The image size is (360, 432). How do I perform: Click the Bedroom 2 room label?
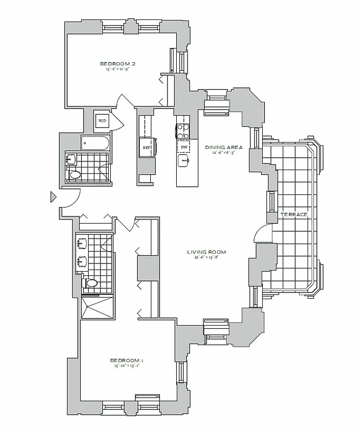tap(117, 64)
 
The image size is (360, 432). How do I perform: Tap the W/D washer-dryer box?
tap(102, 120)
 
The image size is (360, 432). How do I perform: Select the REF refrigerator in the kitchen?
tap(146, 147)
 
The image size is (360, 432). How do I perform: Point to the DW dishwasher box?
tap(184, 147)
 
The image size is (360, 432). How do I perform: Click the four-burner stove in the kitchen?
tap(182, 130)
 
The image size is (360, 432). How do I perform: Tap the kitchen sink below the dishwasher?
tap(184, 161)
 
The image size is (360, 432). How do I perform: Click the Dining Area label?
tap(223, 147)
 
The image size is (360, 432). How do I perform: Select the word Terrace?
tap(294, 215)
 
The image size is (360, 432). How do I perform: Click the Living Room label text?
tap(206, 252)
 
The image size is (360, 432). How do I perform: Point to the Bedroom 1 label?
tap(126, 360)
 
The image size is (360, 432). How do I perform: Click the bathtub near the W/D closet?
tap(95, 143)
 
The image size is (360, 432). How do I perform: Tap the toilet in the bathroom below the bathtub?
tap(75, 174)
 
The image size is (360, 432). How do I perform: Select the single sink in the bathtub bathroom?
tap(71, 159)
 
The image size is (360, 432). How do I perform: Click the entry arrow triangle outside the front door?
tap(53, 197)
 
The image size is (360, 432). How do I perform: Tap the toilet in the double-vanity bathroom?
tap(91, 283)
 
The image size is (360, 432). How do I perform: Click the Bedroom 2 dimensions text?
tap(117, 70)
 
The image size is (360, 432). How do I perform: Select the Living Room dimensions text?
tap(206, 258)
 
